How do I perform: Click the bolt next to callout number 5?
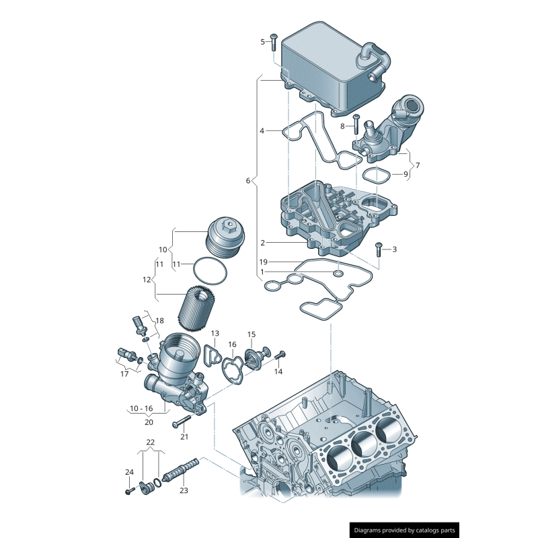(274, 42)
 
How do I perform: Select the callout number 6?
(247, 181)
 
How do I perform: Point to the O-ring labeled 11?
(209, 272)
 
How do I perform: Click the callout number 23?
(184, 490)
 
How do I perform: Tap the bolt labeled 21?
(182, 422)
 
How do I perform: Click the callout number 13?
(215, 334)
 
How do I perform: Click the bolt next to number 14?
(281, 354)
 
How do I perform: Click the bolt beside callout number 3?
(379, 249)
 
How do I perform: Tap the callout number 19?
(264, 262)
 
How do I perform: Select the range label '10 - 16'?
(141, 408)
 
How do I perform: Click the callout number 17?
(124, 374)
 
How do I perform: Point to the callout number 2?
(263, 242)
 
